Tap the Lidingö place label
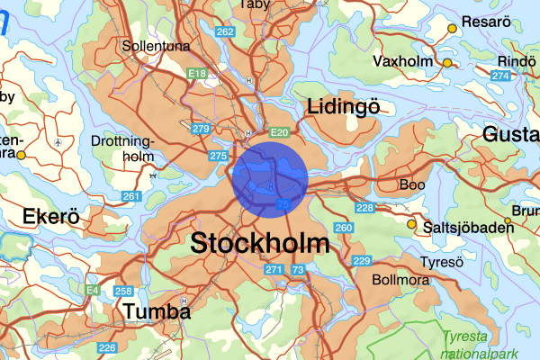point(343,107)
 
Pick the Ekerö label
point(51,217)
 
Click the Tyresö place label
point(442,262)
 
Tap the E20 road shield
point(279,133)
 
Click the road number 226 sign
point(107,347)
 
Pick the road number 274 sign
point(500,75)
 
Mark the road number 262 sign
point(226,32)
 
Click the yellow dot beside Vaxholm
point(447,62)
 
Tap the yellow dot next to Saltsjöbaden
point(412,224)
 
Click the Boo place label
point(412,184)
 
